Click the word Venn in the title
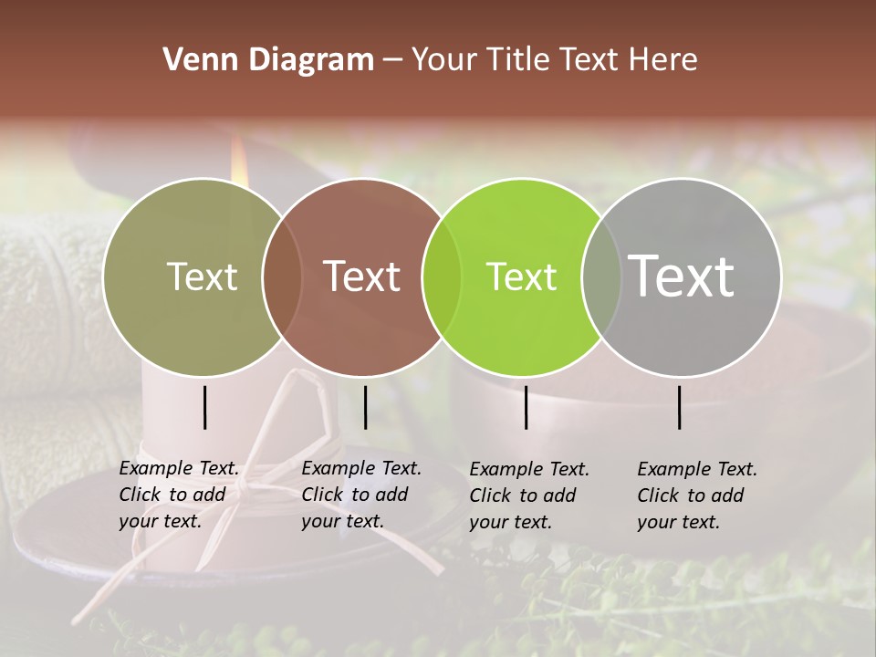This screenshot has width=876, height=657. tap(193, 60)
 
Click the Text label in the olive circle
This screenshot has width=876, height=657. tap(202, 276)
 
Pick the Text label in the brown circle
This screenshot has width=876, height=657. tap(362, 276)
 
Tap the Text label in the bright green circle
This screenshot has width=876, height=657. tap(521, 276)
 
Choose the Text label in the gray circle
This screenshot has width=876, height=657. tap(682, 276)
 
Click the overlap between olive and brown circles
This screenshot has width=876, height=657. tap(282, 276)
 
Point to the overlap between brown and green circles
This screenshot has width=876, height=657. tap(442, 276)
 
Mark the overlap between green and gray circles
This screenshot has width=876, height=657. tap(601, 276)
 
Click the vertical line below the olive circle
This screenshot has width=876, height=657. tap(205, 407)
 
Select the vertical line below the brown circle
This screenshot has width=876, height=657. tap(365, 407)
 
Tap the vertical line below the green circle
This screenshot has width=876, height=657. tap(527, 407)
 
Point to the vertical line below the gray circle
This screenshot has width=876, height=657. tap(680, 407)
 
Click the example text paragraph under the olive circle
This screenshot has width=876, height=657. tap(179, 495)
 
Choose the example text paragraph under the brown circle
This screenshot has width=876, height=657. tap(361, 495)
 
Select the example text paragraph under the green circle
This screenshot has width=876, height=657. tap(529, 495)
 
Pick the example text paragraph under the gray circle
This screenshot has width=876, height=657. tap(697, 495)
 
